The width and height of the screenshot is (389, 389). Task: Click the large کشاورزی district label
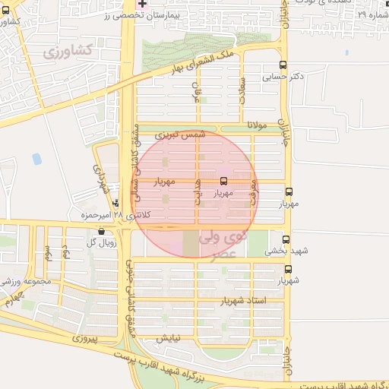pos(68,52)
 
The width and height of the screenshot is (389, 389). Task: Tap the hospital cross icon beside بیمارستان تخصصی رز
pos(142,4)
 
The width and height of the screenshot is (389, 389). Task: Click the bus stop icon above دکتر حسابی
pos(283,65)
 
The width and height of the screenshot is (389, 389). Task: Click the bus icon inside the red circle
pos(223,182)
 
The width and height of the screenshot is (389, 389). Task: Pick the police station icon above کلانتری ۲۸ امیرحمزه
pos(115,203)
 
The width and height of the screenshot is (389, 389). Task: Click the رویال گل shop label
pos(101,242)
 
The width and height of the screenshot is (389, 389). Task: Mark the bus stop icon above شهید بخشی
pos(286,239)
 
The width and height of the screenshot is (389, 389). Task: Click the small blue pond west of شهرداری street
pos(36,159)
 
